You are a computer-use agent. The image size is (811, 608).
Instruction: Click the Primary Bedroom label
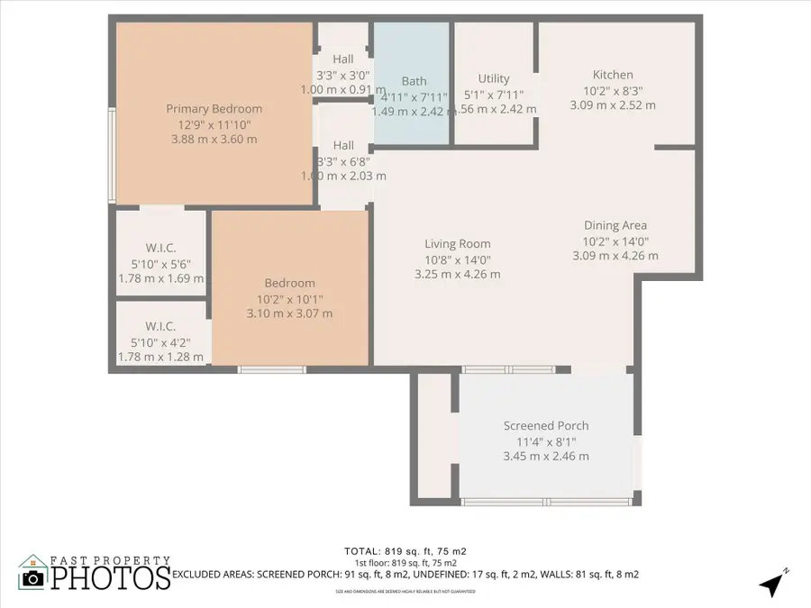click(214, 109)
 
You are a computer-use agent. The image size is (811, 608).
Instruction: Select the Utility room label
click(494, 78)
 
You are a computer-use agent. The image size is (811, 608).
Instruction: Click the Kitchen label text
click(613, 75)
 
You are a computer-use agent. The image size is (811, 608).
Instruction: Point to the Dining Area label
click(615, 225)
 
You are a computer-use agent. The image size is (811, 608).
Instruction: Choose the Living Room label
click(458, 243)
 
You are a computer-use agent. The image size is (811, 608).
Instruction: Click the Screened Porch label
click(546, 425)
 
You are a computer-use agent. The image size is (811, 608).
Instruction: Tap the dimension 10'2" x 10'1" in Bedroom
click(289, 298)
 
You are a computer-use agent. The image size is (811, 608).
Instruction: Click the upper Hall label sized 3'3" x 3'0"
click(343, 59)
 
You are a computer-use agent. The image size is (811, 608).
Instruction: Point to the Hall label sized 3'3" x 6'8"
click(343, 145)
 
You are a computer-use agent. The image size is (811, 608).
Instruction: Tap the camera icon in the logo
click(32, 578)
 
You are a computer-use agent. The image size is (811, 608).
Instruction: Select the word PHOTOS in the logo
click(110, 577)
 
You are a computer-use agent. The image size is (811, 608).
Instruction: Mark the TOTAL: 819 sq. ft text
click(405, 550)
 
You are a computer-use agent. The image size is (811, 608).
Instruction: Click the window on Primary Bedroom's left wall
click(112, 155)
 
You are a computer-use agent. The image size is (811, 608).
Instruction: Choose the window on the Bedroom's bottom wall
click(271, 369)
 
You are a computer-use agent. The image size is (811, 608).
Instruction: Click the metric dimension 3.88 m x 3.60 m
click(214, 140)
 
